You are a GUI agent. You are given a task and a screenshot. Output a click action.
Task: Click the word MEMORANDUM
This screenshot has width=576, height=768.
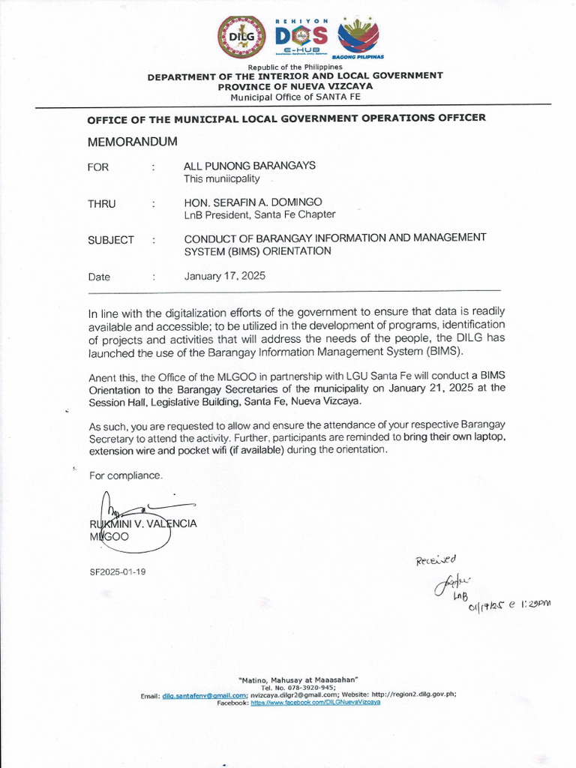[x=133, y=142]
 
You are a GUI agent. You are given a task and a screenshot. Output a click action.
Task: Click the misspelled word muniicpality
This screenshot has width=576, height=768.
[x=232, y=179]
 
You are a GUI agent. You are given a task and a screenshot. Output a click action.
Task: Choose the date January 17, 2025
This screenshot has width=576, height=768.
[x=224, y=276]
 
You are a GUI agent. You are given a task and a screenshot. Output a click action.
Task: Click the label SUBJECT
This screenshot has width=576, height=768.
[x=111, y=240]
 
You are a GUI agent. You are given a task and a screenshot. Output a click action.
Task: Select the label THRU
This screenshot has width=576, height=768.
[x=102, y=204]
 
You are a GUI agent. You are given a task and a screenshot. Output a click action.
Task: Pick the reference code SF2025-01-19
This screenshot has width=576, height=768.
[x=118, y=571]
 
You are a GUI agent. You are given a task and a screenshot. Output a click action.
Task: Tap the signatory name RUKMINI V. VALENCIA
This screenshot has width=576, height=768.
[x=143, y=524]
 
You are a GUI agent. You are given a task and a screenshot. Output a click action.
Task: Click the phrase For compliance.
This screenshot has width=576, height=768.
[x=125, y=475]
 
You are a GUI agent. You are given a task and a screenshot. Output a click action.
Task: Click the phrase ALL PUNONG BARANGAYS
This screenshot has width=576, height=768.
[x=250, y=166]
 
